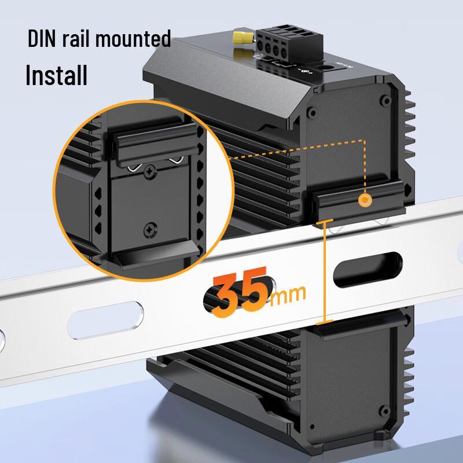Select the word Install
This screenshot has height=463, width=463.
[x=56, y=75]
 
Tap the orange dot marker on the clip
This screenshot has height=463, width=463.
[x=365, y=201]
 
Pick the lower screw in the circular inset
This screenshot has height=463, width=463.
[x=152, y=229]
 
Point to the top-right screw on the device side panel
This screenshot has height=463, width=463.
[x=383, y=100]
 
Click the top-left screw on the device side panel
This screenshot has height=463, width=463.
[x=313, y=109]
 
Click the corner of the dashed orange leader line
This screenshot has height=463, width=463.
[x=365, y=141]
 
